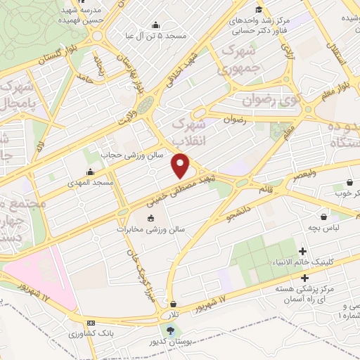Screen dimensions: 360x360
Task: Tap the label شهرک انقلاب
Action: [188, 131]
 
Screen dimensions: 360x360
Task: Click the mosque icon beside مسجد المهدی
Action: [89, 172]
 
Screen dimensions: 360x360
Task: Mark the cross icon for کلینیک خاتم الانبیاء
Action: [303, 251]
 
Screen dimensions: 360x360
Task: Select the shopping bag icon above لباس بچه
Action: [323, 217]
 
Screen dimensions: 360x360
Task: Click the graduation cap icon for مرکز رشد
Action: [258, 9]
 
